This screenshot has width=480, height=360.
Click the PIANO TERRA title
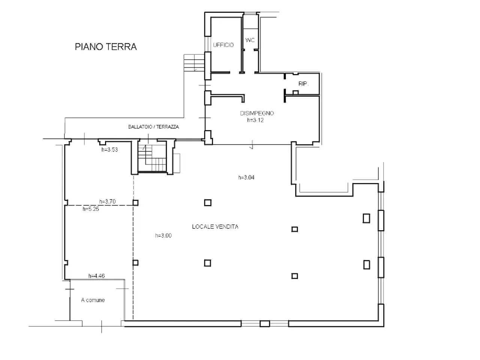pyautogui.click(x=106, y=47)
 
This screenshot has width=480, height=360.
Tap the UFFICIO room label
pyautogui.click(x=223, y=45)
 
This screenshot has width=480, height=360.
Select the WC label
pyautogui.click(x=250, y=40)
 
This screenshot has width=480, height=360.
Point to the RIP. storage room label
pyautogui.click(x=303, y=84)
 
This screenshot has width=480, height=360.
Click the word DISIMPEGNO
pyautogui.click(x=257, y=113)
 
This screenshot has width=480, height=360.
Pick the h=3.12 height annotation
pyautogui.click(x=255, y=120)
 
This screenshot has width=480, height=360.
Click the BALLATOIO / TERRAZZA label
pyautogui.click(x=153, y=127)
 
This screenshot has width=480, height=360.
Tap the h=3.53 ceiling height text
pyautogui.click(x=109, y=150)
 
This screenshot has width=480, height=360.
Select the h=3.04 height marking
pyautogui.click(x=246, y=177)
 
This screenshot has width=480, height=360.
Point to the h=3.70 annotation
pyautogui.click(x=107, y=201)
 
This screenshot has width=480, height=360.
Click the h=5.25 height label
pyautogui.click(x=91, y=209)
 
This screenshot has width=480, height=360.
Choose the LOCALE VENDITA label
pyautogui.click(x=215, y=226)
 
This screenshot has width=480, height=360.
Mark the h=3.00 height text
pyautogui.click(x=163, y=235)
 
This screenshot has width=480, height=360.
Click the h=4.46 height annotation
pyautogui.click(x=96, y=276)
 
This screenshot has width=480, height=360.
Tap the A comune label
pyautogui.click(x=93, y=300)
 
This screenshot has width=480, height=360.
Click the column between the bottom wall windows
pyautogui.click(x=265, y=324)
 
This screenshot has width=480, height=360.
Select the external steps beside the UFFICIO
pyautogui.click(x=194, y=63)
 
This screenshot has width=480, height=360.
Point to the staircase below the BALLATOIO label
pyautogui.click(x=152, y=159)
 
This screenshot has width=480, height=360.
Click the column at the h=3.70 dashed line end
pyautogui.click(x=135, y=203)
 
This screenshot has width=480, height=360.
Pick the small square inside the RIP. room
pyautogui.click(x=295, y=93)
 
